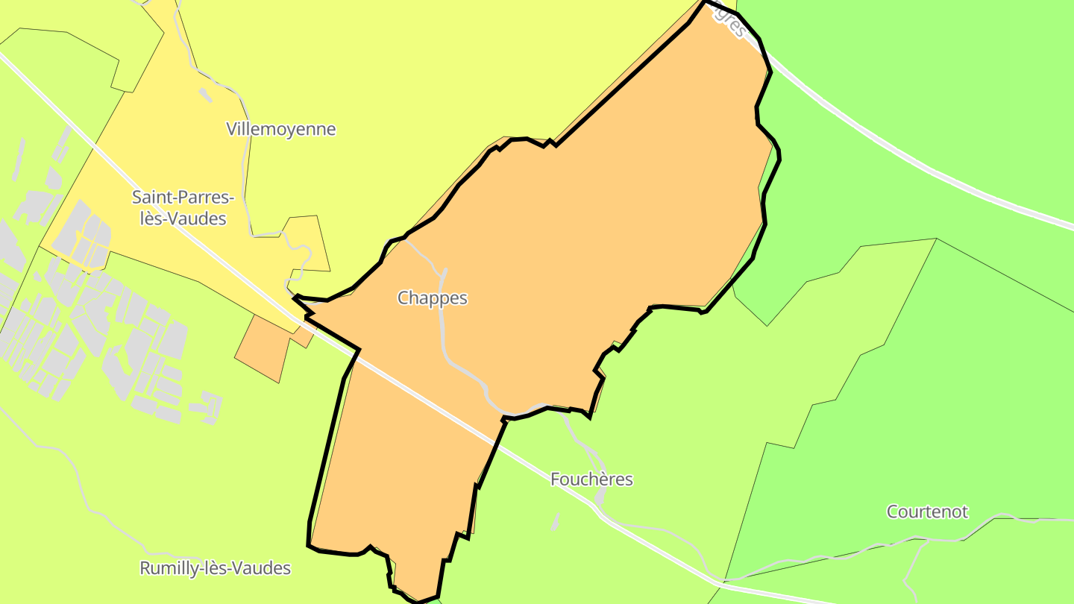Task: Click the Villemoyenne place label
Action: pyautogui.click(x=280, y=129)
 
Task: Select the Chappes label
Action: pyautogui.click(x=432, y=298)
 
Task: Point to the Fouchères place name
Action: pyautogui.click(x=591, y=479)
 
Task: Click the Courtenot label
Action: pyautogui.click(x=927, y=512)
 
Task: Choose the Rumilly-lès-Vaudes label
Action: pyautogui.click(x=215, y=568)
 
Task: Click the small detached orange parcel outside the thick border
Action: pyautogui.click(x=265, y=347)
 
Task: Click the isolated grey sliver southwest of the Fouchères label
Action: pyautogui.click(x=555, y=522)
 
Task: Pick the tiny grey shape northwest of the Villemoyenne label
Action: pyautogui.click(x=205, y=95)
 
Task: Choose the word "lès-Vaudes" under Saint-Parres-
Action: pyautogui.click(x=179, y=219)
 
